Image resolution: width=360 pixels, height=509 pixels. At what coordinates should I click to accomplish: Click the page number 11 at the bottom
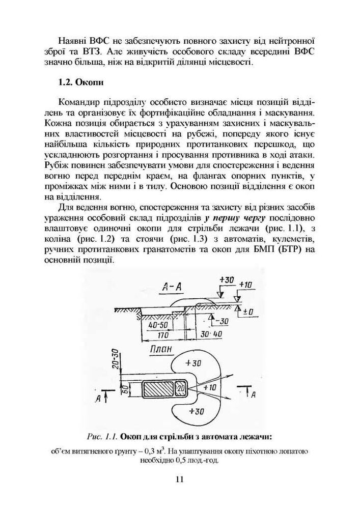click(x=179, y=479)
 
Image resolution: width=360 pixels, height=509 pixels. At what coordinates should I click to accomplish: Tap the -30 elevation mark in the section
click(x=221, y=320)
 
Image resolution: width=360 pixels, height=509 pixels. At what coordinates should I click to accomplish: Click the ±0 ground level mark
click(x=248, y=310)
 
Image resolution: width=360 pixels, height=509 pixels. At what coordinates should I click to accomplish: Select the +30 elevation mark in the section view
click(x=226, y=280)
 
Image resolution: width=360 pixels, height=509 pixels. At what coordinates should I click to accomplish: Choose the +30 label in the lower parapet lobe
click(x=196, y=411)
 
